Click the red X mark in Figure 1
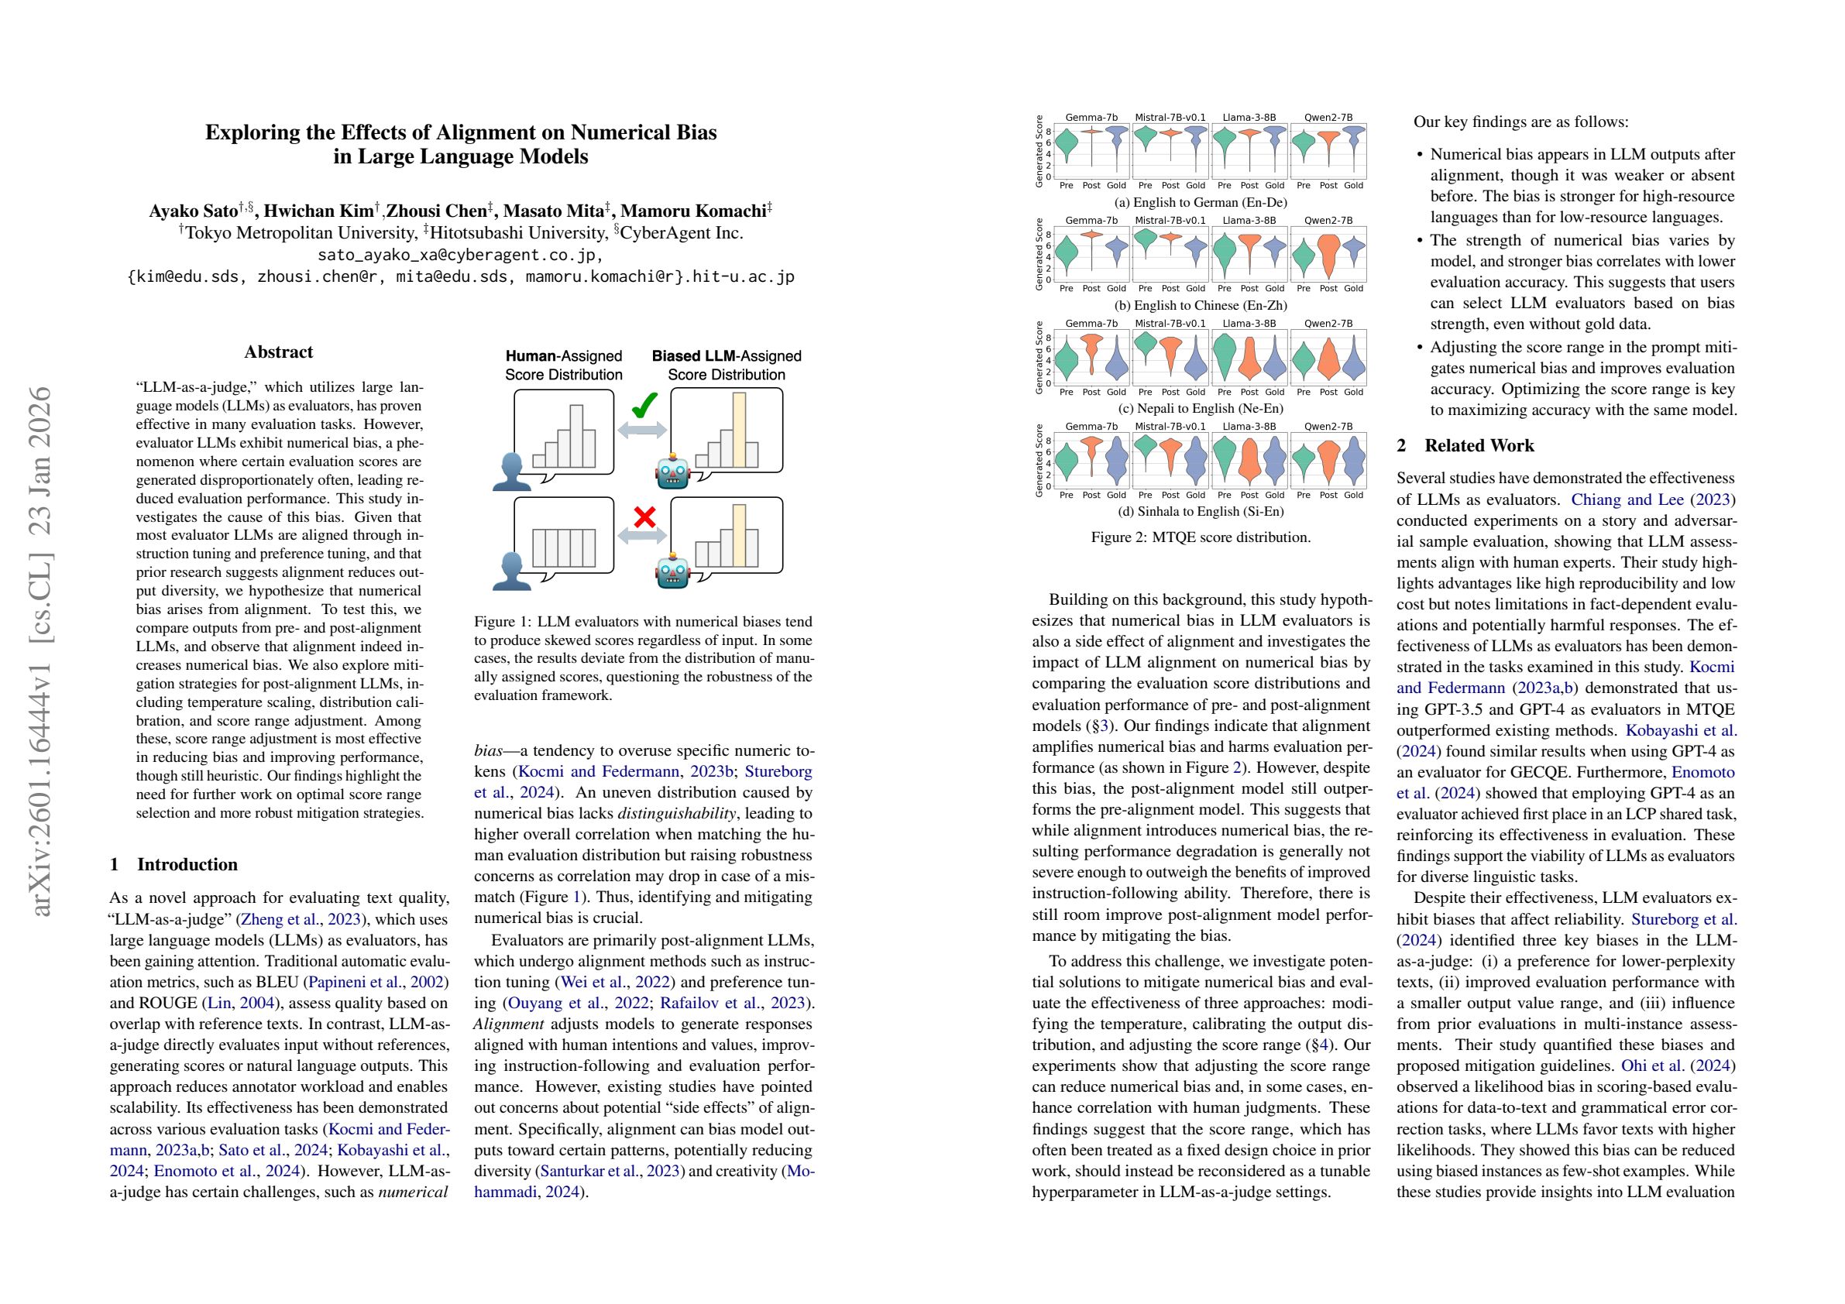click(644, 516)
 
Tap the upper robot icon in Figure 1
click(672, 472)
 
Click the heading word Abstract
click(278, 352)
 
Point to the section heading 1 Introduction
click(174, 864)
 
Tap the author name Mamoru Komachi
click(693, 211)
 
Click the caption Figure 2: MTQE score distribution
click(1201, 537)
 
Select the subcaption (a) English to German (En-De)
click(1201, 202)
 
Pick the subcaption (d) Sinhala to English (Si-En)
click(1201, 511)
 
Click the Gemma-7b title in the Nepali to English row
click(1091, 324)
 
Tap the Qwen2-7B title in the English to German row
click(1328, 117)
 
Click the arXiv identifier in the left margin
click(40, 650)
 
